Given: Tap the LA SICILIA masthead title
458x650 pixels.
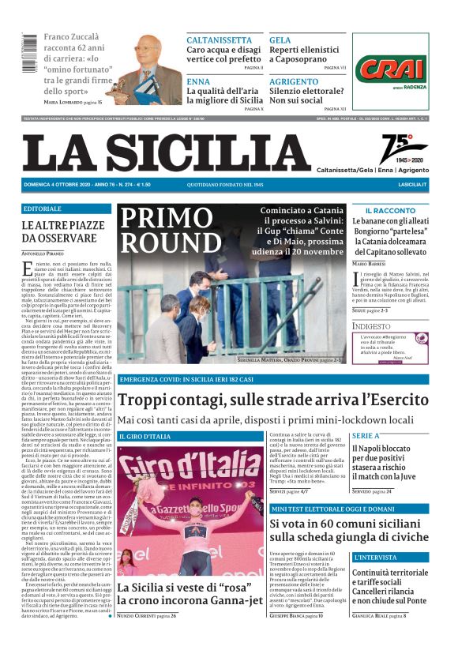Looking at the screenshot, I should [x=167, y=152].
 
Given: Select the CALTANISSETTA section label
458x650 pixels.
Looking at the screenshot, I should [x=220, y=39].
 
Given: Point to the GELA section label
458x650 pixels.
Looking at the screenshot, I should [x=280, y=39].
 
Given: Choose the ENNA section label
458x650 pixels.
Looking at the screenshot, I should [x=198, y=81].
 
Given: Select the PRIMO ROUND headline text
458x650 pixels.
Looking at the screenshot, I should [x=173, y=230].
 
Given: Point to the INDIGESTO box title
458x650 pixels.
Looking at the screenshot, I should [x=371, y=325].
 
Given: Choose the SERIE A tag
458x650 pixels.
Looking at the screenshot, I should [x=366, y=435].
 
